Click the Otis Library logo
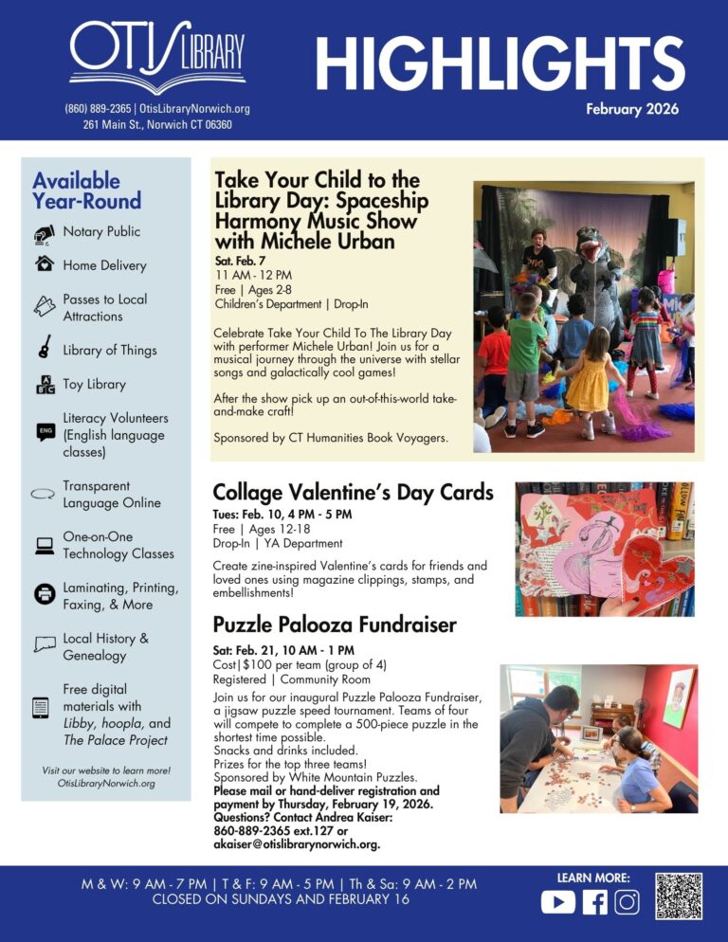(157, 56)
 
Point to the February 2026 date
(631, 109)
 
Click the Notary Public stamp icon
(44, 233)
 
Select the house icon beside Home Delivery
(44, 265)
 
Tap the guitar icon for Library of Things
(44, 348)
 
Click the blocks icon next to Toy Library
(44, 384)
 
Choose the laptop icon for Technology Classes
(44, 545)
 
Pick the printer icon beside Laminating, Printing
(44, 595)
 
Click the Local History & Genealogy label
(105, 646)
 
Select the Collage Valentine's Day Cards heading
(353, 492)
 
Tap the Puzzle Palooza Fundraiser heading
(335, 625)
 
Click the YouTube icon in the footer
(557, 901)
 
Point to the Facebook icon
(594, 901)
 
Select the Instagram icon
(627, 901)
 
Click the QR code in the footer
(678, 896)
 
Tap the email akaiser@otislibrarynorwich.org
(298, 843)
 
